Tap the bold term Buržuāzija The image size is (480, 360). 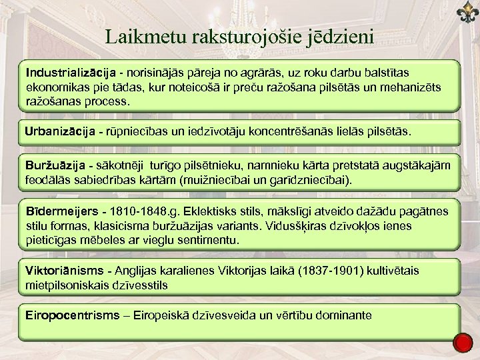point(55,165)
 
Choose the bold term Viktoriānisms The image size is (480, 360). point(64,271)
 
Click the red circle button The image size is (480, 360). point(462,343)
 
